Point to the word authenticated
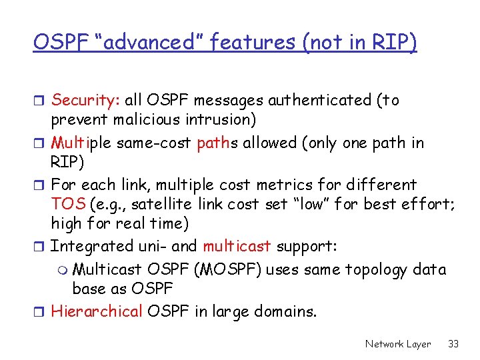319,100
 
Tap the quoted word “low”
312,205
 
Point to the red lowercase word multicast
237,246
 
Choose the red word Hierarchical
97,311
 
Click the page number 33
454,344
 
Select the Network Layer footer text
398,344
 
